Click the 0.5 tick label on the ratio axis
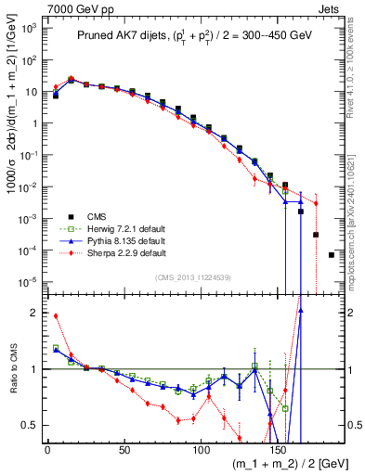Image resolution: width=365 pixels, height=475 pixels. tap(30, 425)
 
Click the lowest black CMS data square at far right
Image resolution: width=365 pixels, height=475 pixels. tap(332, 254)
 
